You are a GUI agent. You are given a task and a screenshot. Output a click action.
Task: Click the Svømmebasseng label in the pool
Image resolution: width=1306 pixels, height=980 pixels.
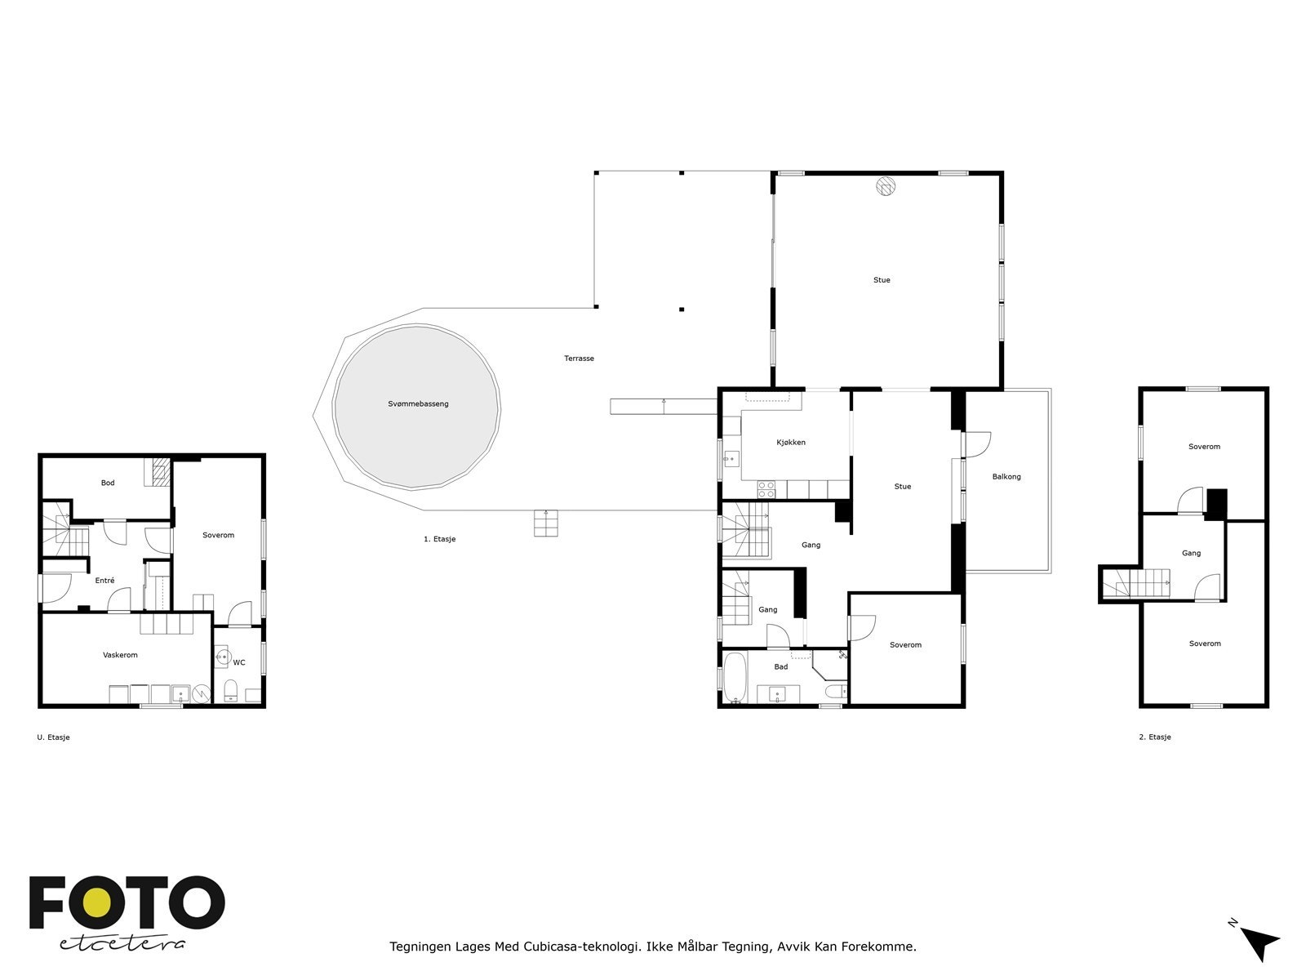[x=418, y=404]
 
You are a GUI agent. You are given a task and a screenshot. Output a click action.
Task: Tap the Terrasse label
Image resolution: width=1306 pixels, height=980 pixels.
[x=579, y=359]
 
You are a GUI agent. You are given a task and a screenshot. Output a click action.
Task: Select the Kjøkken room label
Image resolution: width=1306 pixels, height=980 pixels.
[x=791, y=442]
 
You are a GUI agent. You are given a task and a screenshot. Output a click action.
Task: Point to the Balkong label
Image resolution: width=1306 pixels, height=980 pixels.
[x=1006, y=477]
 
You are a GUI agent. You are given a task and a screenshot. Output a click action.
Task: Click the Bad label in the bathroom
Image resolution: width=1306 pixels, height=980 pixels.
[x=780, y=666]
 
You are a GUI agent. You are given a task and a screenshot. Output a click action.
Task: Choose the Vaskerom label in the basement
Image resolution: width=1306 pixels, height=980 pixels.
[x=120, y=654]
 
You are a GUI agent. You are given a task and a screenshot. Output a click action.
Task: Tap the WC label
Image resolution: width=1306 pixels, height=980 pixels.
[x=238, y=662]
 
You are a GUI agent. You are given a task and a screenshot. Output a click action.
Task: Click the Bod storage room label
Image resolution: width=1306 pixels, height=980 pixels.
[x=108, y=483]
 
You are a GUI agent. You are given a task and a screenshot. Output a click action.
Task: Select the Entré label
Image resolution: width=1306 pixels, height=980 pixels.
[x=104, y=580]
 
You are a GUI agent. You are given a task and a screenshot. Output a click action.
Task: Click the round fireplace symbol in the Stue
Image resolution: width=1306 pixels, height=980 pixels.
[x=886, y=186]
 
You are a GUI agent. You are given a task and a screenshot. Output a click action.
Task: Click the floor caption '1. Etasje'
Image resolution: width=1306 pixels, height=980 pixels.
[x=439, y=539]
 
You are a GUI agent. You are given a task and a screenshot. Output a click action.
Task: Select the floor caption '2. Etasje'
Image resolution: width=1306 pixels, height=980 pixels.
[x=1154, y=737]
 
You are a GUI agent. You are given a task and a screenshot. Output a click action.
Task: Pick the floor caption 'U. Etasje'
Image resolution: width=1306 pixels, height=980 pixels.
[x=53, y=737]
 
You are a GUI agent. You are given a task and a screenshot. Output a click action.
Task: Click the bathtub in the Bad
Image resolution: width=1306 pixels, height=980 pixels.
[x=735, y=678]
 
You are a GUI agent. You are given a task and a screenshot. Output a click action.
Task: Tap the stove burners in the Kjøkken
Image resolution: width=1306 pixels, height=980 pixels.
[x=766, y=490]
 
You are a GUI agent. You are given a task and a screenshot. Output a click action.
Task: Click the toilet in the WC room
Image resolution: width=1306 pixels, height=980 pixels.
[x=230, y=690]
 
